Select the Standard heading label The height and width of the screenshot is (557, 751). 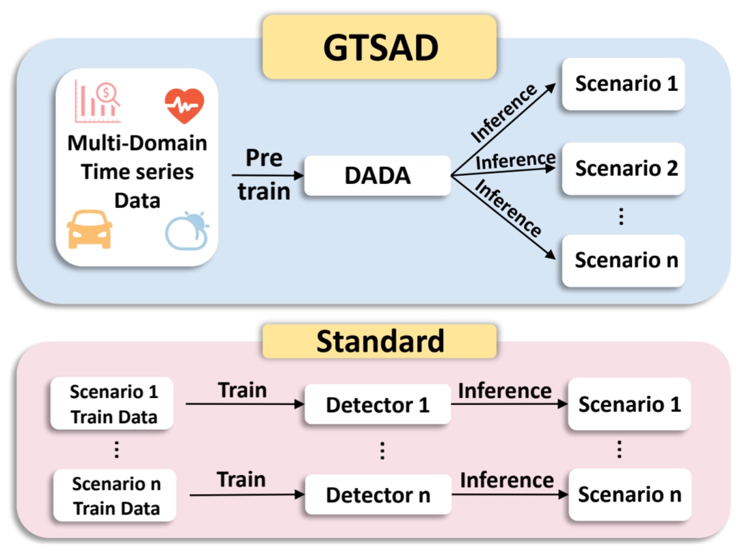coord(380,341)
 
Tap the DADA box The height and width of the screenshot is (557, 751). coord(378,175)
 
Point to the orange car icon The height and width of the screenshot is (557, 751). coord(90,229)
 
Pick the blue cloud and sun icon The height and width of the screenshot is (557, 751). coord(187,231)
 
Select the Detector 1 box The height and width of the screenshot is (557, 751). coord(378,404)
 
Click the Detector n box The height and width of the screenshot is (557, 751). coord(378,495)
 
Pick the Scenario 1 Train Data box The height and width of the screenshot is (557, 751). coord(114,404)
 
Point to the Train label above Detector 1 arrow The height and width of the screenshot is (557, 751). coord(242,390)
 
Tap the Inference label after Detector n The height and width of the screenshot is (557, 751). coord(507,480)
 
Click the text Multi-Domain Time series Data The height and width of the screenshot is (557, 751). coord(137,172)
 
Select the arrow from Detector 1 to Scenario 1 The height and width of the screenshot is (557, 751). coord(509,404)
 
